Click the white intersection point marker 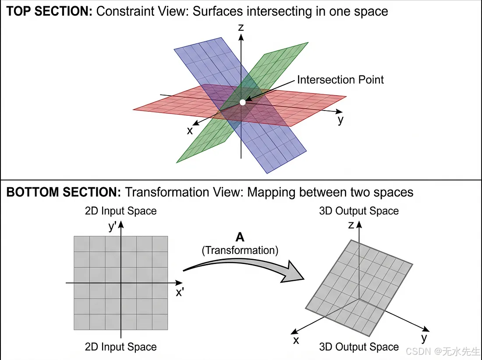pos(243,102)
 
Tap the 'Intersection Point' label pos(340,80)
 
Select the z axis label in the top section pos(241,28)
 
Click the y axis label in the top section pos(340,119)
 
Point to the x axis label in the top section pos(190,130)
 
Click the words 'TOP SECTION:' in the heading pos(49,11)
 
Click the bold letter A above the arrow pos(240,237)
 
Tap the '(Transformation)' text pos(240,250)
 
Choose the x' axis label pos(180,292)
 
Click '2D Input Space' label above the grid pos(120,211)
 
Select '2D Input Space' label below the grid pos(120,347)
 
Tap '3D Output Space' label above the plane pos(359,211)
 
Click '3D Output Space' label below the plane pos(359,347)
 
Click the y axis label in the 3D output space pos(424,338)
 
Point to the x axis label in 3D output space pos(296,340)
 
